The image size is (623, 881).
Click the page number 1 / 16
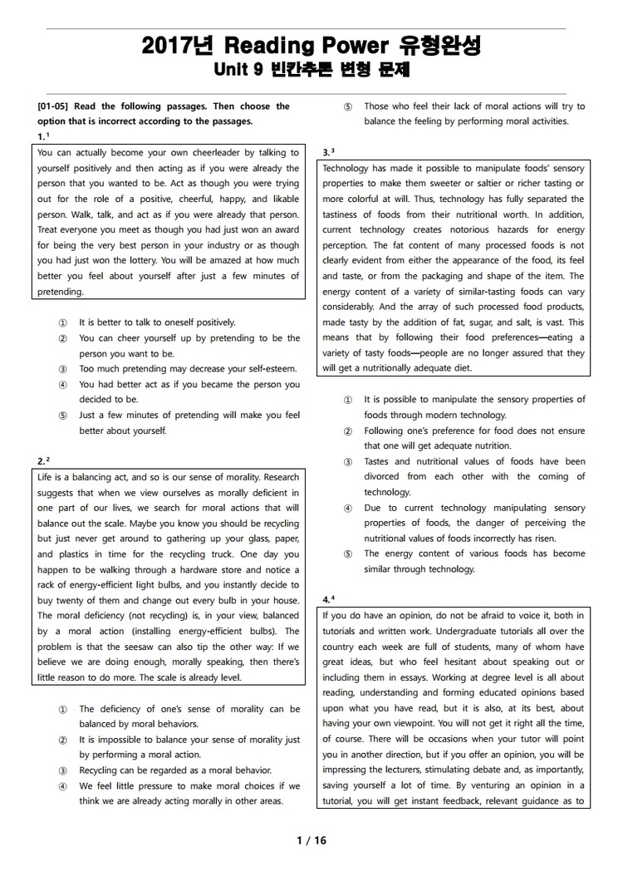[x=311, y=840]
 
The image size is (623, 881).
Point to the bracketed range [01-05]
[x=55, y=106]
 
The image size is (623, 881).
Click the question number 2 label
[x=42, y=460]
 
